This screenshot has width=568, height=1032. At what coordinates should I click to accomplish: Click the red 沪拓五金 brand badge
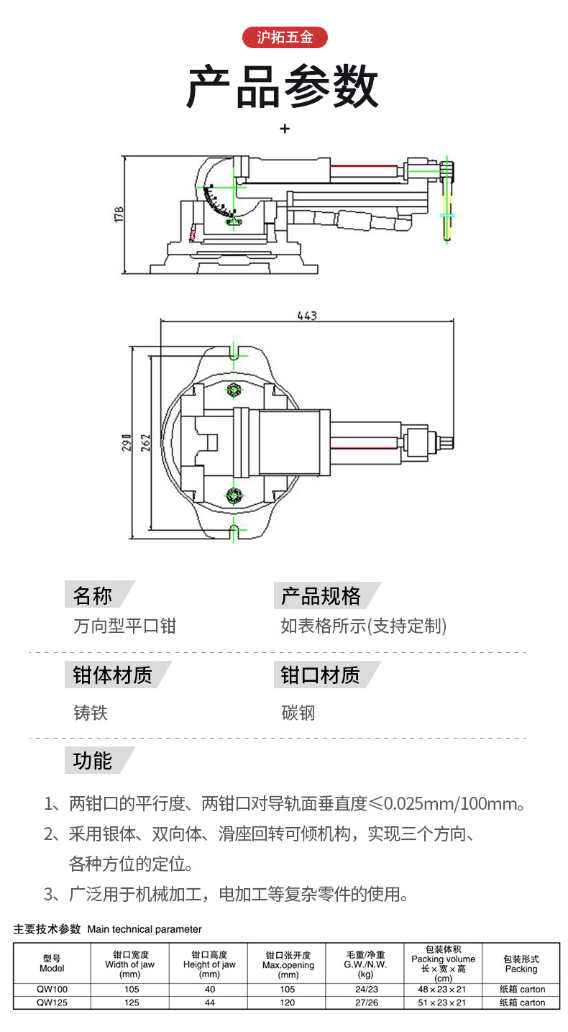coord(285,37)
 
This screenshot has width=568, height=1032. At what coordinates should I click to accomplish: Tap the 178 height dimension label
coord(119,215)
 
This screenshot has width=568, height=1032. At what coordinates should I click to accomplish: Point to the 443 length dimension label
coord(307,316)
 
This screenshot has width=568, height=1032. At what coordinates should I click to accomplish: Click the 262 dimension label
coord(145,442)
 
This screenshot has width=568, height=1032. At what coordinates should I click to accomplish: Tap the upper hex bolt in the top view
coord(234,390)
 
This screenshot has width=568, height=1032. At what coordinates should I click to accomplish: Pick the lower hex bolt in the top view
coord(234,496)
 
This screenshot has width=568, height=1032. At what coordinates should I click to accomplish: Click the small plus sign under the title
coord(285,129)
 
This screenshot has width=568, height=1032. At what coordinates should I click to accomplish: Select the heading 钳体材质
coord(112,675)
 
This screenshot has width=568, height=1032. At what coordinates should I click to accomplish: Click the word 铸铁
coord(91,712)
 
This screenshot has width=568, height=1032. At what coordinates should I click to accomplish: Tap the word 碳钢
coord(298,712)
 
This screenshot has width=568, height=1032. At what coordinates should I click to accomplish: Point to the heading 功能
coord(93,760)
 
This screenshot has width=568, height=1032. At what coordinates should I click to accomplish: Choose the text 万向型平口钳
coord(125,626)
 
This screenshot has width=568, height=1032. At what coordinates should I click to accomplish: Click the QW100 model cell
coord(52,989)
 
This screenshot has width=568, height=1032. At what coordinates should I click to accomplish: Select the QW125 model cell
coord(52,1003)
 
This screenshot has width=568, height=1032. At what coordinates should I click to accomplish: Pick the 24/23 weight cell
coord(367,989)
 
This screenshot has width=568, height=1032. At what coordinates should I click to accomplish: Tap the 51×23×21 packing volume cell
coord(442,1003)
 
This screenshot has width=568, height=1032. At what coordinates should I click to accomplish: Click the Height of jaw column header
coord(209,964)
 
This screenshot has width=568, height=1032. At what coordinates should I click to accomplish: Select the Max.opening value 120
coord(288,1003)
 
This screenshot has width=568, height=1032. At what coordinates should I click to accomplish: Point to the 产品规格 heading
coord(321,595)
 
